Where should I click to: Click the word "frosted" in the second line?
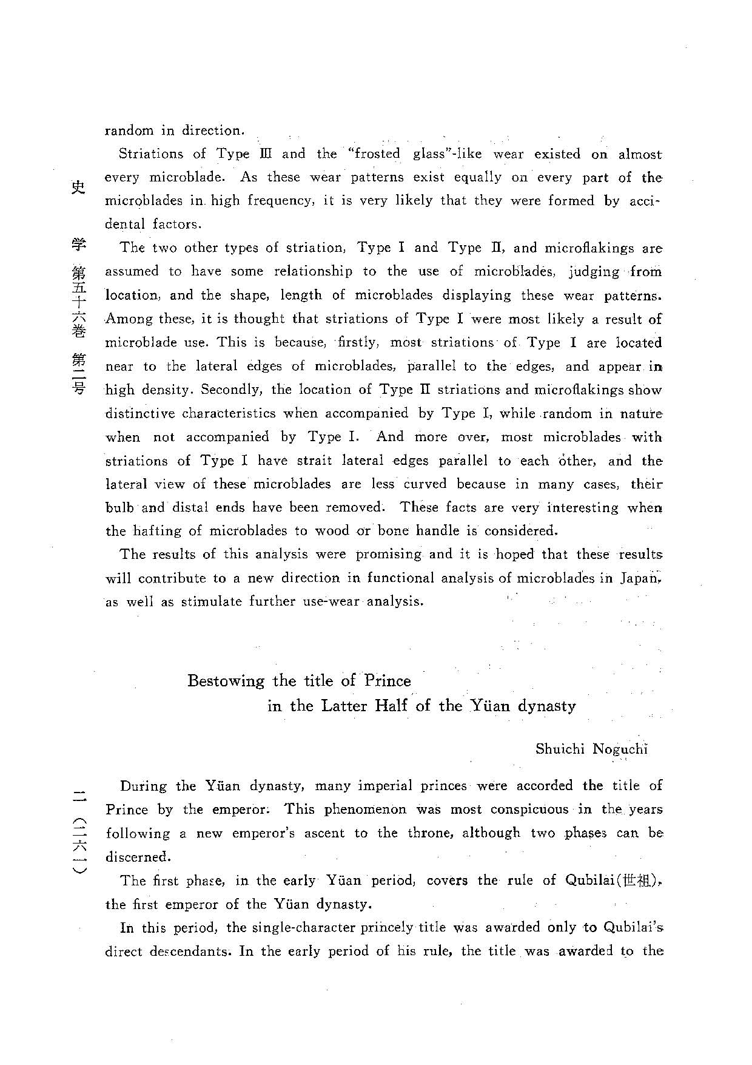[x=378, y=154]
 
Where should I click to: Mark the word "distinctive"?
[x=140, y=413]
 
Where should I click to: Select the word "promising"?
[x=388, y=554]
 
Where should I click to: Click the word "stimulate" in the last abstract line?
[x=210, y=602]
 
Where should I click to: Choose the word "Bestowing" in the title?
[x=226, y=681]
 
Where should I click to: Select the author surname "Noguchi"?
[x=620, y=749]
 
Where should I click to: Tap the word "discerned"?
[x=137, y=857]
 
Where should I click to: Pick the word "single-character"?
[x=311, y=928]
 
